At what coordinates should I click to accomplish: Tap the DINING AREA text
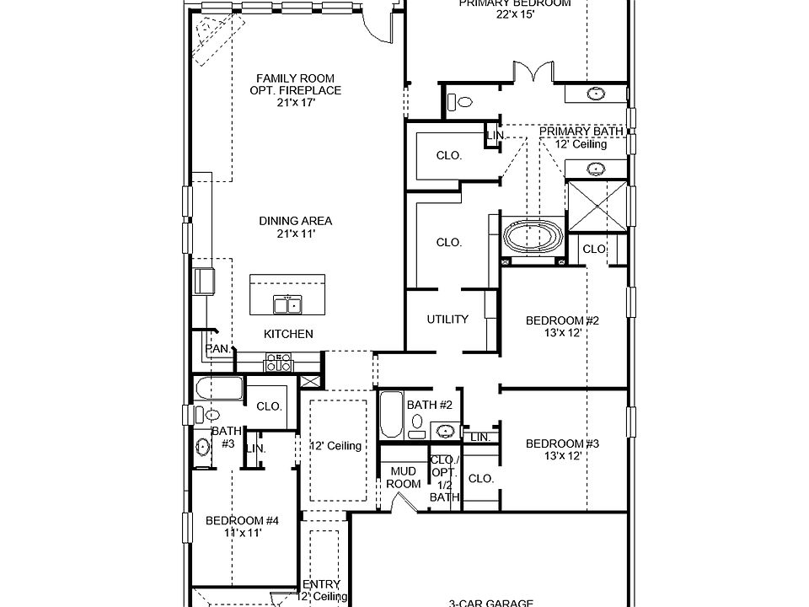pos(295,221)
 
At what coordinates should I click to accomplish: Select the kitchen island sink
pos(287,304)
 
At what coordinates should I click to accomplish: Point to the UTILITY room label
pos(447,320)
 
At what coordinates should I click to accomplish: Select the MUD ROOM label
pos(404,478)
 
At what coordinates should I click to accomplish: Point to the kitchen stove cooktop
pos(279,362)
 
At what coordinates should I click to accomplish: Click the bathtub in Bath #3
pos(217,389)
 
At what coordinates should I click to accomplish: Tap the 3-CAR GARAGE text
pos(490,602)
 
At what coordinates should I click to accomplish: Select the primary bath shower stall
pos(597,205)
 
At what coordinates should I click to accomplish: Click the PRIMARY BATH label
pos(581,132)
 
